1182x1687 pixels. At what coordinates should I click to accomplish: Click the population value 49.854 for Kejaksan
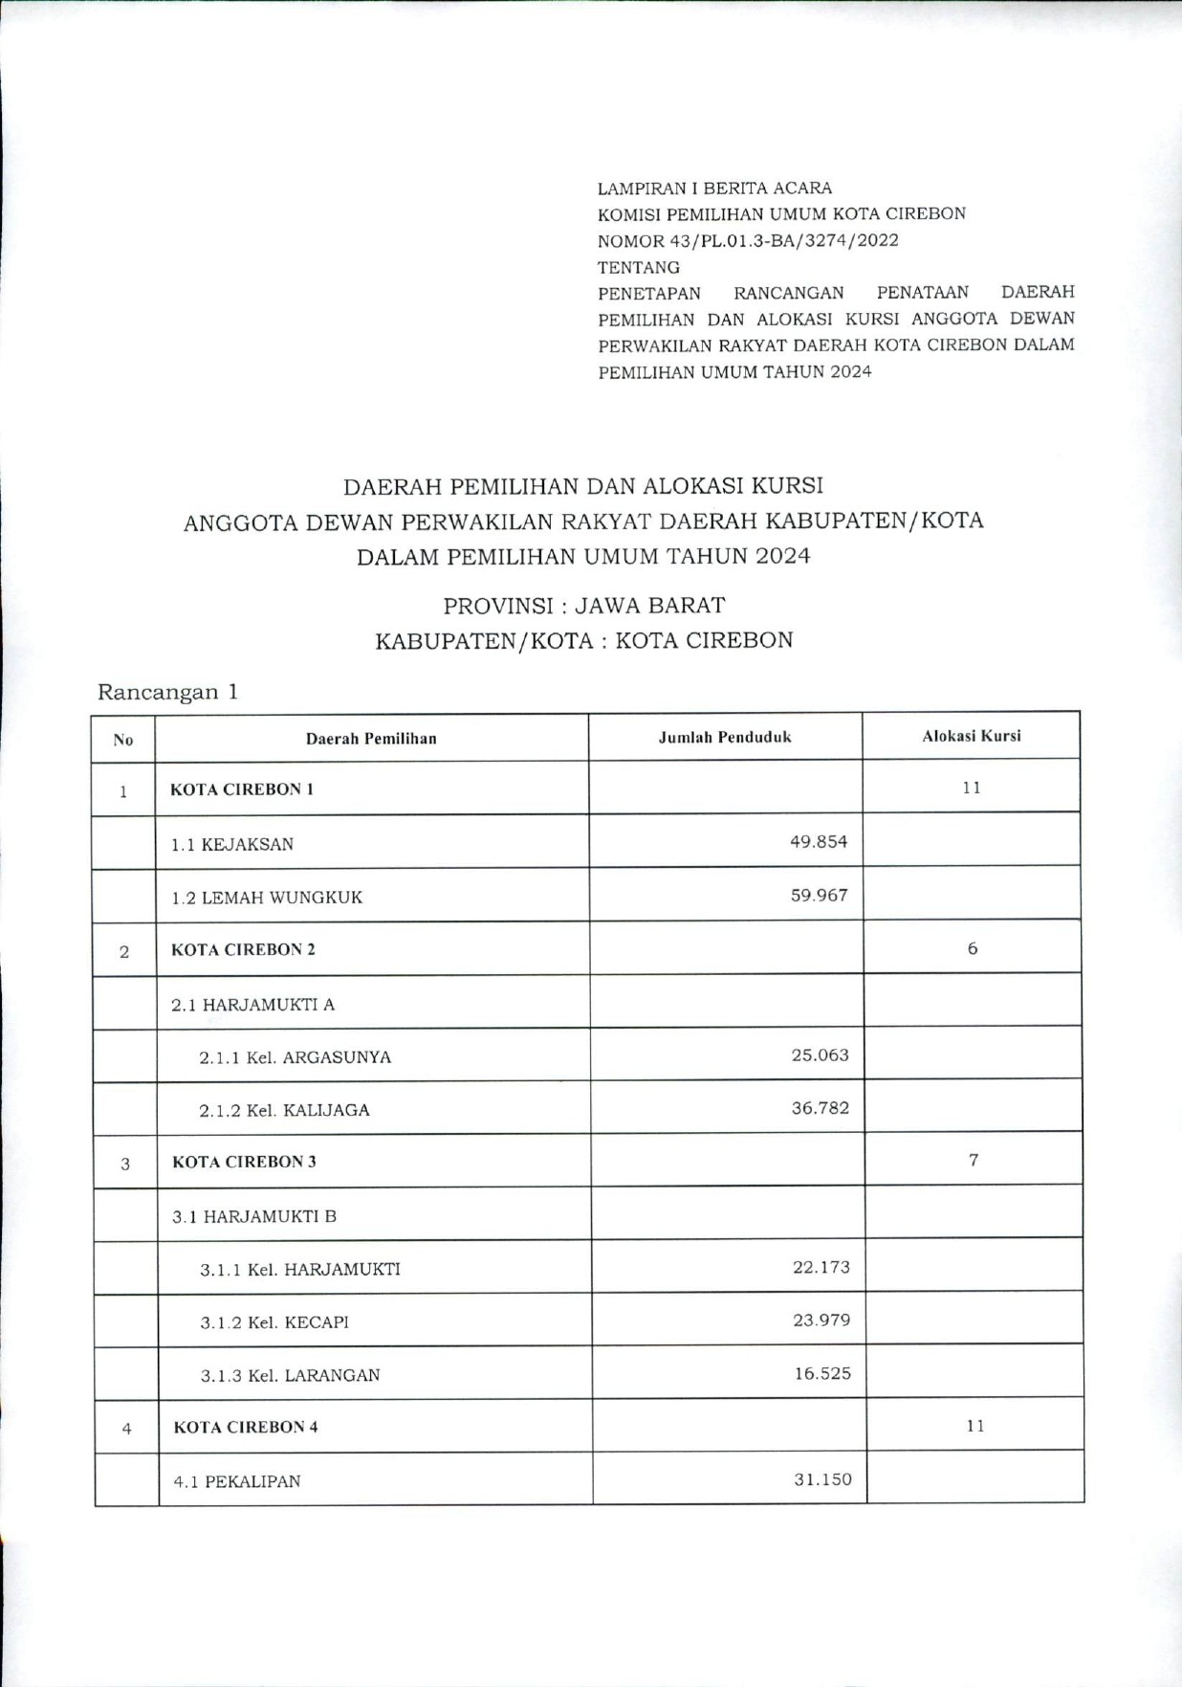[819, 842]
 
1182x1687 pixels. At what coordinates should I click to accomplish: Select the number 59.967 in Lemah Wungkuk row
[819, 896]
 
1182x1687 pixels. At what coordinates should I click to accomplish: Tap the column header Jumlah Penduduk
[725, 737]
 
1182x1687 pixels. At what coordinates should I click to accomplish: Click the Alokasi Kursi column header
[971, 736]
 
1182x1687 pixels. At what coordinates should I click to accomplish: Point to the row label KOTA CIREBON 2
[243, 949]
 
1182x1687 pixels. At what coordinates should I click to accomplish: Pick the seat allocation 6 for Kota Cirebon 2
[973, 948]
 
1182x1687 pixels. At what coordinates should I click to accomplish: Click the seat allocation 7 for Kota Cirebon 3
[974, 1160]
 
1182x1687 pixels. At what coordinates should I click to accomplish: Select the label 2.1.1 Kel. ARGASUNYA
[295, 1057]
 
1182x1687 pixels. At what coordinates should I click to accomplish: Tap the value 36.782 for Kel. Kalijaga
[820, 1108]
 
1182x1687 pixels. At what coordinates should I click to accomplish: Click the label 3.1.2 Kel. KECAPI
[274, 1322]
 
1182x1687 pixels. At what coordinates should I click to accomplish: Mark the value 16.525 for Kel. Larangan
[822, 1373]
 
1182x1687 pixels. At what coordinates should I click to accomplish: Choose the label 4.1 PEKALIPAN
[237, 1481]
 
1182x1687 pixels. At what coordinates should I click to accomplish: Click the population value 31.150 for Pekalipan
[822, 1479]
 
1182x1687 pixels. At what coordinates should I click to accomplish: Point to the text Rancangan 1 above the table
[167, 692]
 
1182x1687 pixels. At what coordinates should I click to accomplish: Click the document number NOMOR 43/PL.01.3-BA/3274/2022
[748, 240]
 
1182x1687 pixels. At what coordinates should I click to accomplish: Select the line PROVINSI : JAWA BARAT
[583, 606]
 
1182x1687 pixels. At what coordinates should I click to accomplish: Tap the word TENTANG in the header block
[639, 267]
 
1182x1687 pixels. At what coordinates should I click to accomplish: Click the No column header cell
[123, 740]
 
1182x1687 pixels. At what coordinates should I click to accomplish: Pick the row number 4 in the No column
[126, 1429]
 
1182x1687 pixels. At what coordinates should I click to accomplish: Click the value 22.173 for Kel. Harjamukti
[821, 1267]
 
